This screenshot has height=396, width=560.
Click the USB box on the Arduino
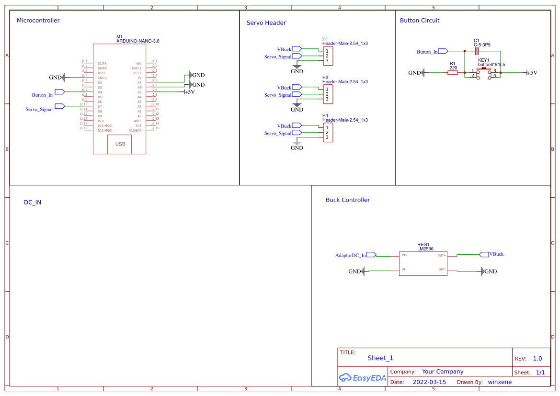click(x=119, y=144)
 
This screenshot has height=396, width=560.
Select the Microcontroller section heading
click(x=38, y=21)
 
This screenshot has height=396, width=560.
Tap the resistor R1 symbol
click(x=453, y=73)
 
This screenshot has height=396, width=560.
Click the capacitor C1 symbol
click(x=476, y=51)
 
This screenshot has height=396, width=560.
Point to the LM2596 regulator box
click(x=423, y=264)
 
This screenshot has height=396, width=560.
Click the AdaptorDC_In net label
click(x=351, y=255)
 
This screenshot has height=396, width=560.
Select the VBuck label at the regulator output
click(x=496, y=254)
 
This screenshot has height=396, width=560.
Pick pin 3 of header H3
click(x=327, y=137)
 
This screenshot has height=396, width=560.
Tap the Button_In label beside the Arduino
click(x=42, y=95)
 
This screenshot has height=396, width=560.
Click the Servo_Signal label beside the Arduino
click(x=39, y=109)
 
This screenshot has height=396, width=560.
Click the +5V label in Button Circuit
click(x=532, y=73)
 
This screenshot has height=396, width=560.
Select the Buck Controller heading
click(x=348, y=200)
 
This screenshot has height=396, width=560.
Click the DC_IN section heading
click(x=33, y=203)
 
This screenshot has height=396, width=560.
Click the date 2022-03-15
click(x=429, y=382)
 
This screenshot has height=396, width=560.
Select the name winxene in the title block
click(x=500, y=382)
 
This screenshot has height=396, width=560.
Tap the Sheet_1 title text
click(x=380, y=358)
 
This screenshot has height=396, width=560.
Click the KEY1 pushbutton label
click(x=484, y=60)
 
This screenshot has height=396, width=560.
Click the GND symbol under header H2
click(x=297, y=107)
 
